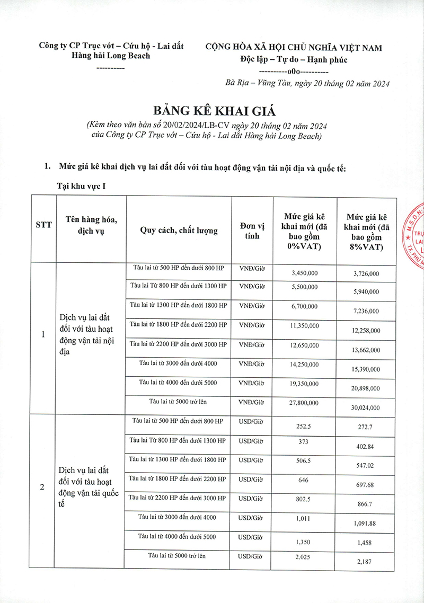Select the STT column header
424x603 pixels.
click(x=43, y=225)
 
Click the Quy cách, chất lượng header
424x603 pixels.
click(x=179, y=229)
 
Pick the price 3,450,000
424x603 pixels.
click(x=305, y=273)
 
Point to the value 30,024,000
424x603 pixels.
click(x=366, y=407)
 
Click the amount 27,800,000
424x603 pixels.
click(x=305, y=404)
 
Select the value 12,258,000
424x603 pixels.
click(x=366, y=330)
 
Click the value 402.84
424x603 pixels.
click(x=366, y=447)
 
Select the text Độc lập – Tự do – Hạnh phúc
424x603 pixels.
click(x=294, y=59)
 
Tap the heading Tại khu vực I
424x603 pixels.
click(x=84, y=187)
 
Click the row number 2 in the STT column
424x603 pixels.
click(x=42, y=487)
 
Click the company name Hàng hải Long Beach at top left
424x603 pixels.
click(x=111, y=56)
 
